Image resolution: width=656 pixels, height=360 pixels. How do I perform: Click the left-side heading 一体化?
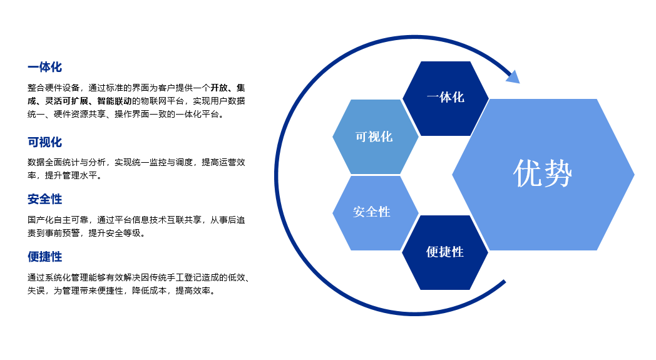pos(45,67)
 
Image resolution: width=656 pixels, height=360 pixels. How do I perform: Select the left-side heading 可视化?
pos(45,142)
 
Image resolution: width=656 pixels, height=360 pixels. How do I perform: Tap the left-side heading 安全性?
pos(45,199)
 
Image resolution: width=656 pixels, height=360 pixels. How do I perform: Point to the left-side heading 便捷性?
pos(45,257)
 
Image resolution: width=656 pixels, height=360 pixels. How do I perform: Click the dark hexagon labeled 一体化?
pos(446,98)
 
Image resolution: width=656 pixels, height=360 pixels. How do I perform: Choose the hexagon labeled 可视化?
pos(376,136)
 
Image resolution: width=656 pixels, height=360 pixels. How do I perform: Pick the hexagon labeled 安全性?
pos(376,213)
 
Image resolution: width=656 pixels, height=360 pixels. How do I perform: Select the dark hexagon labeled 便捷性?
pos(445,252)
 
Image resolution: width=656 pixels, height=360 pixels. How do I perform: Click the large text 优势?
pos(543,173)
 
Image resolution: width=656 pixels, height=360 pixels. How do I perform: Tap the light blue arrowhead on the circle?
pos(513,76)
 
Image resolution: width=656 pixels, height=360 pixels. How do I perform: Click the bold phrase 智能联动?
pos(114,101)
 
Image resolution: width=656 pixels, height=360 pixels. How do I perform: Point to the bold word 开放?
pos(219,88)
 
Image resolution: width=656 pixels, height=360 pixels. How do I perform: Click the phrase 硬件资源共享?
pos(79,114)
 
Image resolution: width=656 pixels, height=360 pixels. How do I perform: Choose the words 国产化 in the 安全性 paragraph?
pos(41,220)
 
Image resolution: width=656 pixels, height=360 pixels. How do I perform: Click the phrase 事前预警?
pos(62,233)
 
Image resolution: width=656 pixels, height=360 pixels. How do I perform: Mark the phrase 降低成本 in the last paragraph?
pos(150,291)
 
